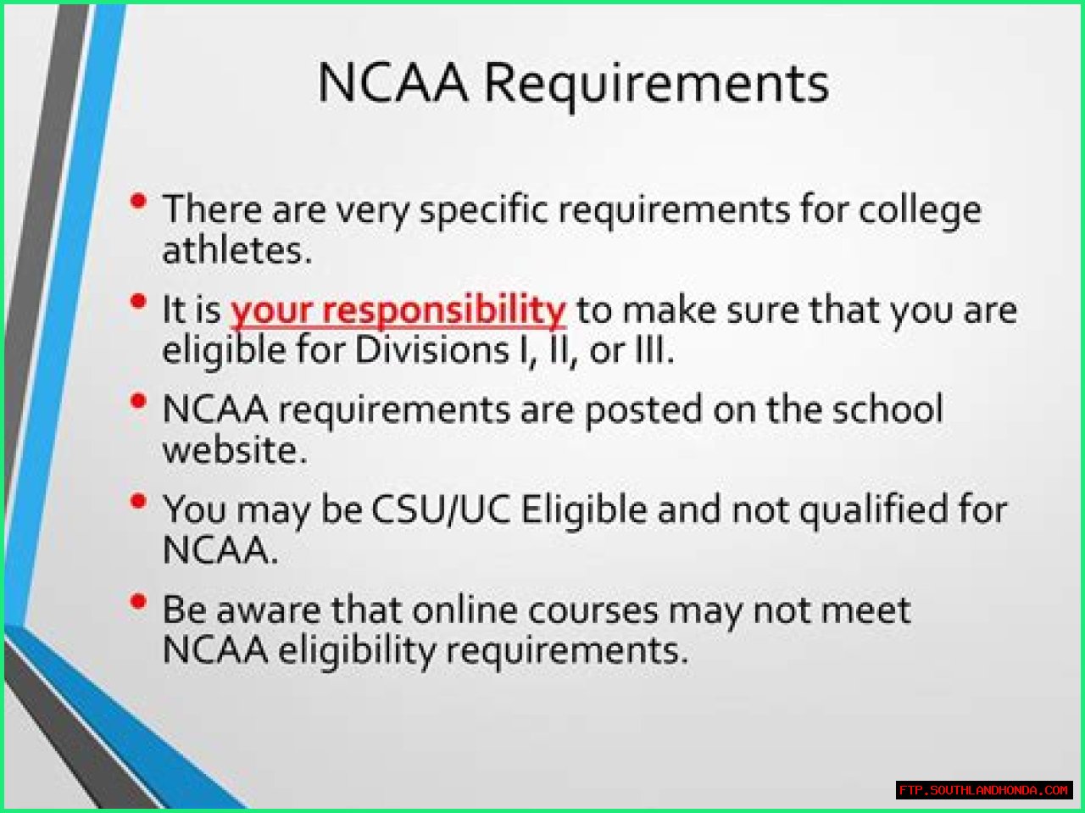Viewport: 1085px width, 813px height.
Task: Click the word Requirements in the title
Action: (x=656, y=85)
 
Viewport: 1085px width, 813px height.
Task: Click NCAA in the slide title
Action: (x=392, y=82)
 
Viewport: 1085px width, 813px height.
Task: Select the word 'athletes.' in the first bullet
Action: (x=237, y=250)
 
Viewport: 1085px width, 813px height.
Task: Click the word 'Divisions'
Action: (x=431, y=350)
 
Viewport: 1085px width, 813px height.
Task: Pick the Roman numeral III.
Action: (x=653, y=350)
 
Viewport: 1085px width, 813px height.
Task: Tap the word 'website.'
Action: (x=236, y=449)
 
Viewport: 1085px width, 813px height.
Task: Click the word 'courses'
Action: (x=593, y=613)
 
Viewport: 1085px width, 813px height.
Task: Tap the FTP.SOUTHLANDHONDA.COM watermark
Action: (x=983, y=789)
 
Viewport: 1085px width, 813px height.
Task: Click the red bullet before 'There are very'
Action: (x=138, y=201)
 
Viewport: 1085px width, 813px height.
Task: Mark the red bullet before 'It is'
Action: (x=138, y=301)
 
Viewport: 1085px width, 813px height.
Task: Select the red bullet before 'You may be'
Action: (x=138, y=501)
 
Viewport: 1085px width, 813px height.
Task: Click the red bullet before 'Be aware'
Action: (x=138, y=601)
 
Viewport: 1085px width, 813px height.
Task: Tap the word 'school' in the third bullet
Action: (x=887, y=409)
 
